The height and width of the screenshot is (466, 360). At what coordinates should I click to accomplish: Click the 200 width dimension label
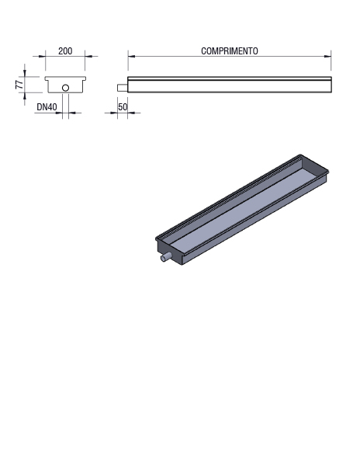click(65, 51)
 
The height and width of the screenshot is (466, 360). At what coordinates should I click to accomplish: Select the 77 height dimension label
click(19, 85)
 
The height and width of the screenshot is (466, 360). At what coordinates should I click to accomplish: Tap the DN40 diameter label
click(47, 107)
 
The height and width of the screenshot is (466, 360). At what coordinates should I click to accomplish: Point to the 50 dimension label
click(123, 107)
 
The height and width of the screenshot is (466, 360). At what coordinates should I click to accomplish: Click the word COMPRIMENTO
click(230, 51)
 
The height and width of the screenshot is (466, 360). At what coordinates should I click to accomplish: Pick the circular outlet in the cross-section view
click(66, 88)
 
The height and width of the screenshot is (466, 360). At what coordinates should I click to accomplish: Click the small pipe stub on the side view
click(123, 88)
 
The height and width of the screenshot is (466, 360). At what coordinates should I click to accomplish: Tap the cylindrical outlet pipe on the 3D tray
click(165, 257)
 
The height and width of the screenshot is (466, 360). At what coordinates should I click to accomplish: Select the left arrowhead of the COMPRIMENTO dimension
click(131, 56)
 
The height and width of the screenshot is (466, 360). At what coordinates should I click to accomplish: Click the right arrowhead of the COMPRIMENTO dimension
click(327, 56)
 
